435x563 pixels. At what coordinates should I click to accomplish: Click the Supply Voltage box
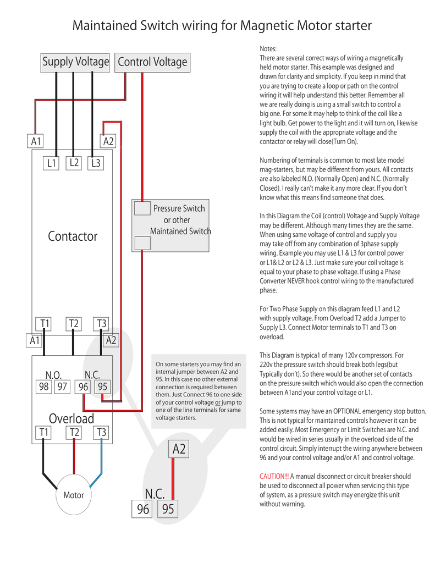tap(76, 62)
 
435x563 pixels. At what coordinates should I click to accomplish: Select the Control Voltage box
tap(152, 62)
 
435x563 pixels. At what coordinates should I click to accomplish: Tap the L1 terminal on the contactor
tap(51, 163)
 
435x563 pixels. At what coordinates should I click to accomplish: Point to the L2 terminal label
tap(74, 163)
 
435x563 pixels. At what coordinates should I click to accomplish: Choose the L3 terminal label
tap(96, 163)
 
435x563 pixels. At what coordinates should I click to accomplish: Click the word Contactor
tap(72, 236)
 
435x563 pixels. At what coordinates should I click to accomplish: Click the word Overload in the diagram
tap(71, 418)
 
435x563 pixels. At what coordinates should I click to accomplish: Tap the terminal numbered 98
tap(43, 387)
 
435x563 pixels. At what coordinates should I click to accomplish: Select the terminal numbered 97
tap(62, 387)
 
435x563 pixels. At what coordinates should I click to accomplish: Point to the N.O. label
tap(53, 375)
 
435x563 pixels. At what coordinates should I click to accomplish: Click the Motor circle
tap(73, 495)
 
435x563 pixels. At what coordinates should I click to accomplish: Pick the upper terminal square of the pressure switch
tap(142, 208)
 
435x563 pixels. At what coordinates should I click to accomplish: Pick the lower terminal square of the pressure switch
tap(142, 243)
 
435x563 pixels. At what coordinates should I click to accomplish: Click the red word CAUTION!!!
tap(274, 476)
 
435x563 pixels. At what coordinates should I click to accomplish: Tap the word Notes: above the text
tap(268, 49)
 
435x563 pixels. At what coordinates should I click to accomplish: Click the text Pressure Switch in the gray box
tap(179, 208)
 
